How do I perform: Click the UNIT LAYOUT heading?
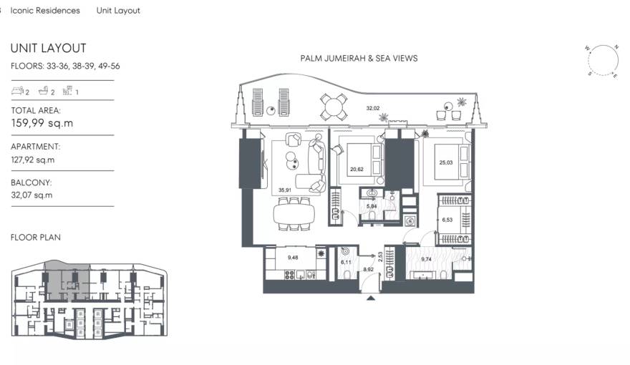[x=48, y=48]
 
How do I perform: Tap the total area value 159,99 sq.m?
[x=42, y=123]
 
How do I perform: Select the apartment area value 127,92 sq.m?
[x=32, y=160]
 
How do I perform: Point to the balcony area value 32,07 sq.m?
[x=31, y=195]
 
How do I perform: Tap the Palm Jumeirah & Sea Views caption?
[x=360, y=58]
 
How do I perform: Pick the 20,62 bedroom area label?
[x=357, y=170]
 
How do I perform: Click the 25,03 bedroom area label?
[x=445, y=162]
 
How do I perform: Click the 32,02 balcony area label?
[x=372, y=108]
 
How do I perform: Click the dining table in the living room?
[x=295, y=213]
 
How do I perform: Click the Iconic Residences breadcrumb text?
[x=45, y=11]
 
